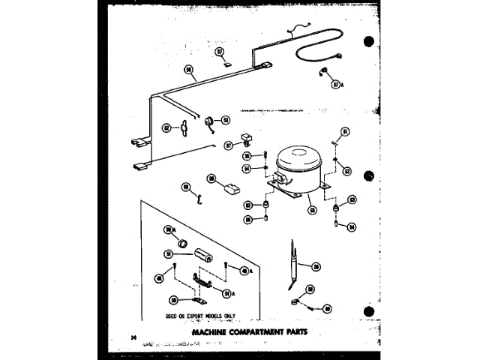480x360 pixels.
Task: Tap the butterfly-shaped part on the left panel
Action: pos(182,128)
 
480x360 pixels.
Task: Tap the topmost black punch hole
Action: pos(369,42)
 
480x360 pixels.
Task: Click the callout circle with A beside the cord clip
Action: pos(337,85)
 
